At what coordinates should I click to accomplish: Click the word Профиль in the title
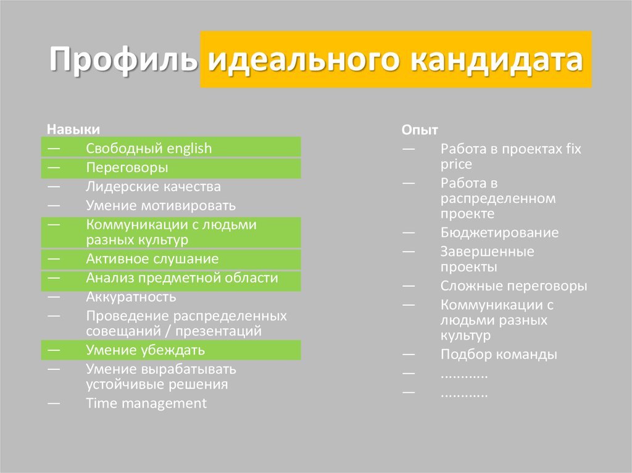pos(123,60)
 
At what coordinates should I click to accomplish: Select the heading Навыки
pos(73,130)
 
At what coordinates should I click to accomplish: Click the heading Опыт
pos(420,130)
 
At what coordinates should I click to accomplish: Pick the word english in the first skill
pos(189,149)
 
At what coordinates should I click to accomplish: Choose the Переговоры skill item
pos(127,168)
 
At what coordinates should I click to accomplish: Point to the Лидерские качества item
pos(153,186)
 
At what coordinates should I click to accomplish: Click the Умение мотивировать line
pos(161,205)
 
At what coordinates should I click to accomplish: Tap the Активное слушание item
pos(152,258)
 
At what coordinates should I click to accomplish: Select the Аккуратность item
pos(131,297)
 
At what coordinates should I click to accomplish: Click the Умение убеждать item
pos(146,350)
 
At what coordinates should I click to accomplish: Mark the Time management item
pos(146,403)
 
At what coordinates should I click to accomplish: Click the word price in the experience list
pos(456,165)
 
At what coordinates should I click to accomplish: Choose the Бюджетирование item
pos(499,233)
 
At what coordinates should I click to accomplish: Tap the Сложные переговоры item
pos(513,286)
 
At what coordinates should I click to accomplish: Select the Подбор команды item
pos(499,355)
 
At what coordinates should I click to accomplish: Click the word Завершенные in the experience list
pos(487,252)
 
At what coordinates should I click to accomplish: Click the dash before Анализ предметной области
pos(54,278)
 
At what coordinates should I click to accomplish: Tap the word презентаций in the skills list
pos(218,332)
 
